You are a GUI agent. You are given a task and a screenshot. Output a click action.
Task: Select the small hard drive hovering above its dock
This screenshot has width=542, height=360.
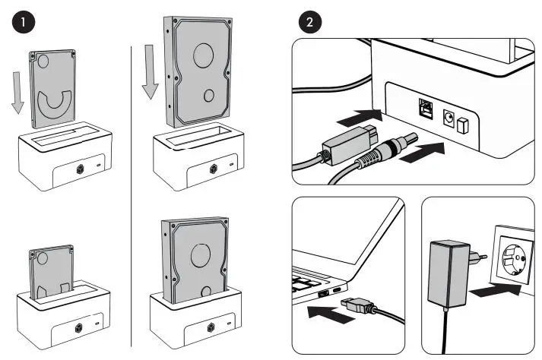pyautogui.click(x=53, y=90)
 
